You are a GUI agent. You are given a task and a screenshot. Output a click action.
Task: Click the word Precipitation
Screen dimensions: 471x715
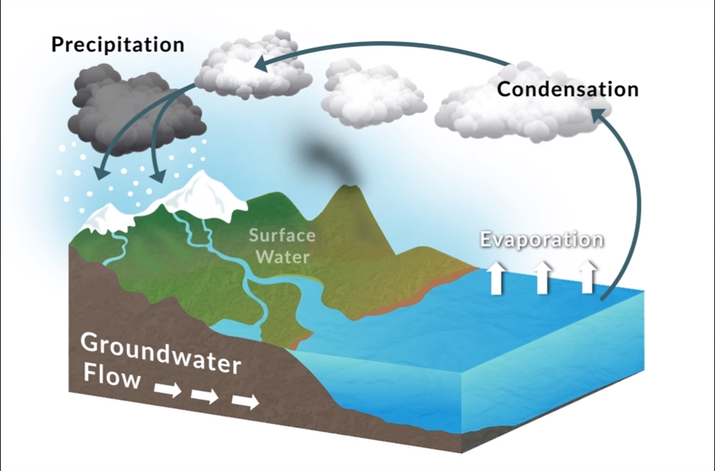pyautogui.click(x=117, y=44)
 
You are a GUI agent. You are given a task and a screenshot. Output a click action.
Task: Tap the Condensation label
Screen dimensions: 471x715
pyautogui.click(x=567, y=89)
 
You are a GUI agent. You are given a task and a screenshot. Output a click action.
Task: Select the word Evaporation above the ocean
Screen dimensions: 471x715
pyautogui.click(x=542, y=240)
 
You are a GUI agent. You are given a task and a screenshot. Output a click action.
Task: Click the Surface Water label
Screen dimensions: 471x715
pyautogui.click(x=281, y=246)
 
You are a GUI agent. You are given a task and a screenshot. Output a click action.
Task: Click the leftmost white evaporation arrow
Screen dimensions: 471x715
pyautogui.click(x=496, y=278)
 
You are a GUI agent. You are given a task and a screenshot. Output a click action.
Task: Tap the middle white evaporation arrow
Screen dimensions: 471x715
pyautogui.click(x=542, y=278)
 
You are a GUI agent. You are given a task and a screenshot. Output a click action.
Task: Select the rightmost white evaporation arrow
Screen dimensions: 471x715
pyautogui.click(x=587, y=278)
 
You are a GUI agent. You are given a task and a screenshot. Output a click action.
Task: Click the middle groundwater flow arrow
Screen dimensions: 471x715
pyautogui.click(x=205, y=396)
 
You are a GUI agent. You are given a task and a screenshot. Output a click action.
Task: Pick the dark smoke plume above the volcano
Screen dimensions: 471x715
pyautogui.click(x=325, y=157)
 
